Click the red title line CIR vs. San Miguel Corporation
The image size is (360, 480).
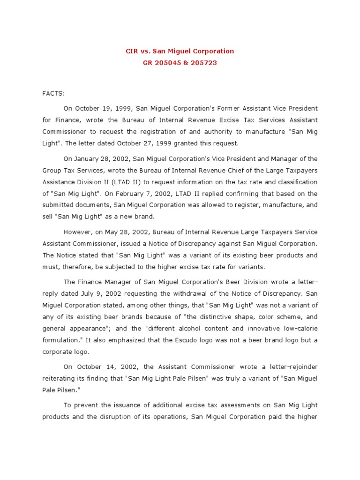pyautogui.click(x=180, y=51)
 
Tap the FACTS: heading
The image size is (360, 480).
pyautogui.click(x=53, y=94)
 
